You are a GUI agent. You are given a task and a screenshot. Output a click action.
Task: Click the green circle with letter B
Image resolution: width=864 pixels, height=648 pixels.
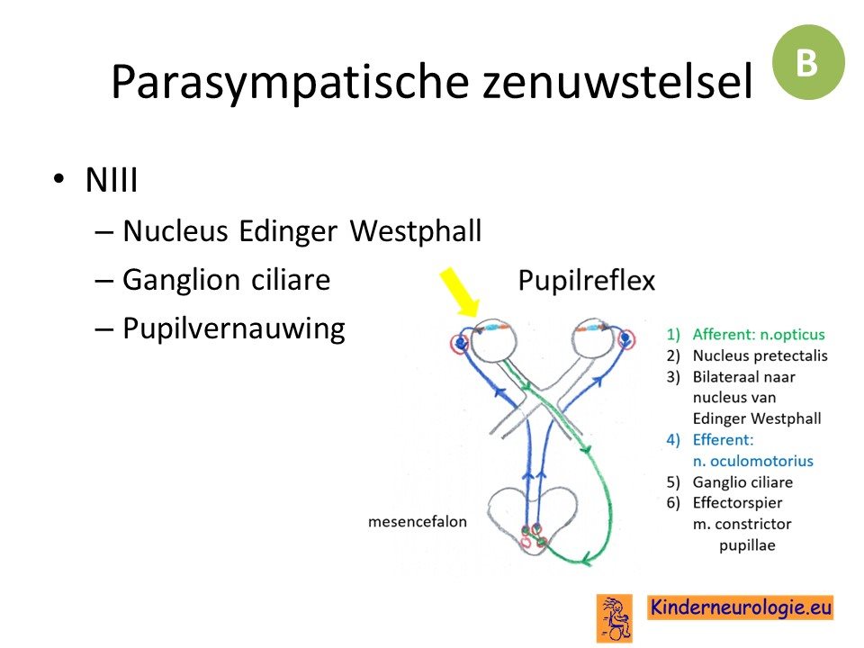[x=808, y=62]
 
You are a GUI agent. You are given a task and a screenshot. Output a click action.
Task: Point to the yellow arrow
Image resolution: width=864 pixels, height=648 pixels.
[x=460, y=292]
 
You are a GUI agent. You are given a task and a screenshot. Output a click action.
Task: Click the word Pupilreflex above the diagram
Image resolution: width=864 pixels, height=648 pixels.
[x=586, y=280]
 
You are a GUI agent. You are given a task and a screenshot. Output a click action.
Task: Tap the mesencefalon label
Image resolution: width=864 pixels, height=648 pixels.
[x=417, y=521]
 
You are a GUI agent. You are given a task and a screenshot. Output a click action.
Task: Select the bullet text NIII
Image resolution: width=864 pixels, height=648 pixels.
[x=112, y=180]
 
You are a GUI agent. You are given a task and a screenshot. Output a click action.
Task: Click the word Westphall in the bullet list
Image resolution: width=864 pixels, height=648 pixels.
[x=416, y=230]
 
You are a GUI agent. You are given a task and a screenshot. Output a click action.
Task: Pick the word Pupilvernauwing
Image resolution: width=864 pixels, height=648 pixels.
[x=234, y=329]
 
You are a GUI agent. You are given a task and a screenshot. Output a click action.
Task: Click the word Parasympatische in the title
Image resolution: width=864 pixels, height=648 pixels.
[x=290, y=82]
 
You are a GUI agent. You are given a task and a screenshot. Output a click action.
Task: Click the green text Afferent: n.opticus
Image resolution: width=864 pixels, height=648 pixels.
[x=758, y=335]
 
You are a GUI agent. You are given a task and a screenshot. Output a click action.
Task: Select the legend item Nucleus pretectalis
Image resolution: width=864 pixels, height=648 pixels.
[x=760, y=355]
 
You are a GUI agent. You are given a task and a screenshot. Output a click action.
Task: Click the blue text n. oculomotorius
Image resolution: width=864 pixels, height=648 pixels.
[x=752, y=461]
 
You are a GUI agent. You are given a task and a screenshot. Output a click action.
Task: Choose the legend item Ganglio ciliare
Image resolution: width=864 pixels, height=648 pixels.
[x=742, y=482]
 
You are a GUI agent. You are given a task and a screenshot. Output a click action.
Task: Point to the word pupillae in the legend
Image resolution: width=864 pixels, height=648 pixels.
[x=747, y=545]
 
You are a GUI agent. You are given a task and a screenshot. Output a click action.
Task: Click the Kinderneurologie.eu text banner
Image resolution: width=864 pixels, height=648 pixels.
[x=740, y=607]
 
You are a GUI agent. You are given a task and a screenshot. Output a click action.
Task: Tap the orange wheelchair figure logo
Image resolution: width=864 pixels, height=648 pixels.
[x=615, y=618]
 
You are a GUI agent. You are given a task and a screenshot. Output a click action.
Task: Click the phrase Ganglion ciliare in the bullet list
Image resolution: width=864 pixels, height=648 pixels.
[x=226, y=280]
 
